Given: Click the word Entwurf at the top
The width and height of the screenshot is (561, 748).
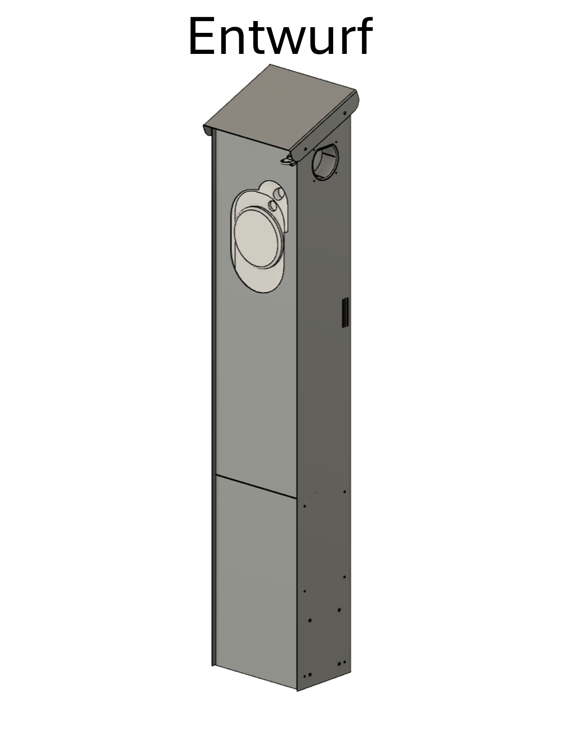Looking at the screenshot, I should coord(280,37).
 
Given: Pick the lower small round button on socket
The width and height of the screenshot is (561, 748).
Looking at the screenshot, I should coord(273,205).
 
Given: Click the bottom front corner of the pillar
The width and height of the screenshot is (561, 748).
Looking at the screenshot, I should coord(297,691).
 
